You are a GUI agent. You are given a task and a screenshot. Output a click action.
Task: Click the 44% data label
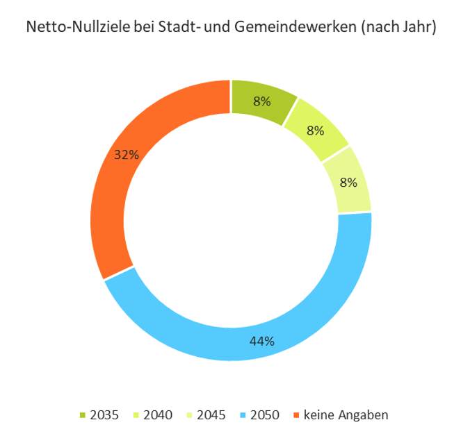263,341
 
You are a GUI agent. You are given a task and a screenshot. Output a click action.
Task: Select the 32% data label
127,156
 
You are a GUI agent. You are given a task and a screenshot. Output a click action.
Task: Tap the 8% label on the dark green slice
262,101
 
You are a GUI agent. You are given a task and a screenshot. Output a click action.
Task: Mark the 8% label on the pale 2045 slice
348,183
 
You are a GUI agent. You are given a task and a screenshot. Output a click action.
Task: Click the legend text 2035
105,415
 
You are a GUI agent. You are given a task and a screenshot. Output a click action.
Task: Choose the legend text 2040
158,415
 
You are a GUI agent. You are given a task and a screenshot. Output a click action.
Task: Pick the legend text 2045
211,415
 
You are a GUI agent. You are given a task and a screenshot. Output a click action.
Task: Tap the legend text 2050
265,415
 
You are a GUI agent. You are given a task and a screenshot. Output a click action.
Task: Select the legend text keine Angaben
346,415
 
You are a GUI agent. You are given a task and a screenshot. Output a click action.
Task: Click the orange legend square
296,415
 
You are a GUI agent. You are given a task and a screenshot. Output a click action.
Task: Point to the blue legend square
243,415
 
